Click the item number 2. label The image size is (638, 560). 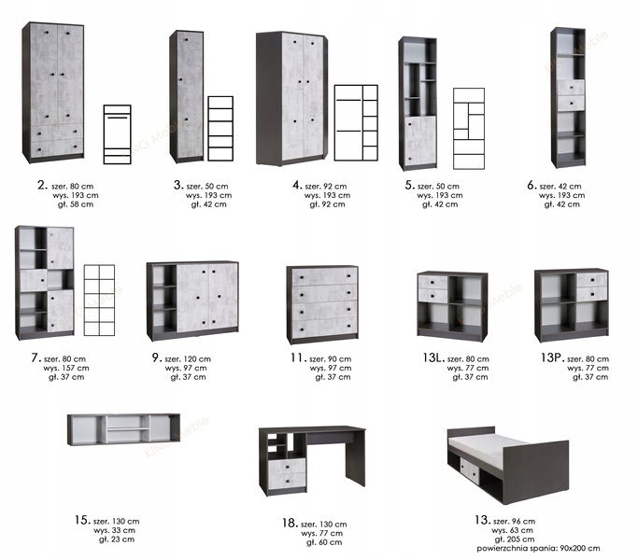pos(42,186)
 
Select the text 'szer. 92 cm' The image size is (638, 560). pos(326,187)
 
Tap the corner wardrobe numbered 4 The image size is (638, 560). pos(291,99)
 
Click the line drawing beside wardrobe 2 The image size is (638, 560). pos(117,134)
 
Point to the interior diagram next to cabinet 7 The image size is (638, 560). pos(99,301)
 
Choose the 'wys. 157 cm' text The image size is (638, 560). pos(66,368)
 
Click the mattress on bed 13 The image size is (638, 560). pos(488,449)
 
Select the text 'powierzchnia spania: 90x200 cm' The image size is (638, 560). pos(538,548)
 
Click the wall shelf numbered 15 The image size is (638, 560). pos(123,429)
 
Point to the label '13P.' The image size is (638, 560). pos(552,357)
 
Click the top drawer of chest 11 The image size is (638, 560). pos(325,277)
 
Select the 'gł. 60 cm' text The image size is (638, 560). pos(324,542)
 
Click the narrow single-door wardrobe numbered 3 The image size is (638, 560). pos(186,96)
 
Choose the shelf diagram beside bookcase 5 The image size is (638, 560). pos(469,129)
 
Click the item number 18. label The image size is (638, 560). pos(291,523)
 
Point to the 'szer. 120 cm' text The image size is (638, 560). pos(188,359)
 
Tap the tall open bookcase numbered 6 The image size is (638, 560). pos(568,98)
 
